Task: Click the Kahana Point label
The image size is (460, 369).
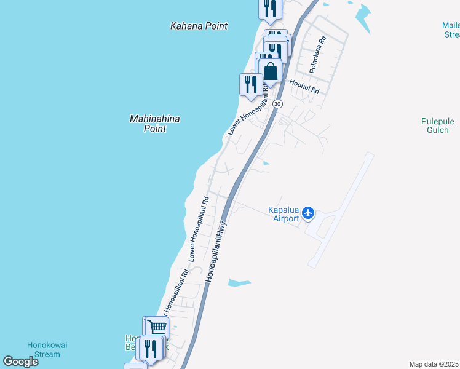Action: pos(199,26)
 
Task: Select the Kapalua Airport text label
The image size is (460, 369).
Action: pos(284,213)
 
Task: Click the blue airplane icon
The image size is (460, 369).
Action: pos(308,213)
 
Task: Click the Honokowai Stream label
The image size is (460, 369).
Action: pos(44,349)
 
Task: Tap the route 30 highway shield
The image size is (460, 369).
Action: pos(278,104)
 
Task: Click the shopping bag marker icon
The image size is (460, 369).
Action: pos(270,71)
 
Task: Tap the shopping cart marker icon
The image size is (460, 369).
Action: pos(157,327)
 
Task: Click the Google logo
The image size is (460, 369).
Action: pos(20,362)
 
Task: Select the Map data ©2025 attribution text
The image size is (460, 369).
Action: pos(434,364)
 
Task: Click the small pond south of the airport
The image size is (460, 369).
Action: pos(239,283)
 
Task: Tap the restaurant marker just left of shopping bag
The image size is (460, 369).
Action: pos(251,84)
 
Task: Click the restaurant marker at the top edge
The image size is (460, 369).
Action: pos(270,8)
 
